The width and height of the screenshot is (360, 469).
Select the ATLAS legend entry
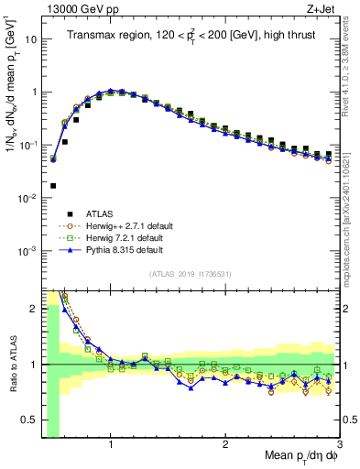point(99,214)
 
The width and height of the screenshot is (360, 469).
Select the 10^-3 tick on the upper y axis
point(26,251)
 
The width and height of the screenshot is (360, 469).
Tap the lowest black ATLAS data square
point(53,185)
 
